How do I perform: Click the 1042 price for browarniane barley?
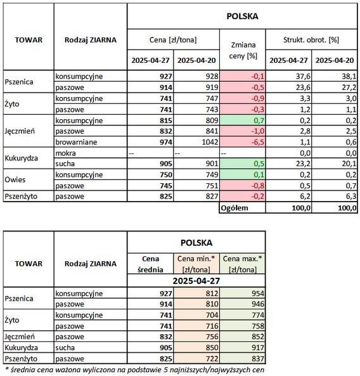pos(210,142)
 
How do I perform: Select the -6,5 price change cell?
pos(242,142)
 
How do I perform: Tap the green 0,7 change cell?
pos(242,120)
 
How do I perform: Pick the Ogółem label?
pos(234,208)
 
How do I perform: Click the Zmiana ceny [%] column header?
pos(243,50)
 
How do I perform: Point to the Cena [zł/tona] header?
pos(173,40)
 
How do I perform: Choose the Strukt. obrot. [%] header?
pos(311,40)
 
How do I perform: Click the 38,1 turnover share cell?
pos(350,76)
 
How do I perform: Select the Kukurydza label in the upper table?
pos(21,159)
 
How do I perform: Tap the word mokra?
pos(65,153)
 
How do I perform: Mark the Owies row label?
pos(15,179)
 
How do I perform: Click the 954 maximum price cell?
pos(258,294)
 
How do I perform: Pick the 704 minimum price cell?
pos(212,315)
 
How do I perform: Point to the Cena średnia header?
pos(150,264)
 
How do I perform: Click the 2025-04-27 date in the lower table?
pos(196,281)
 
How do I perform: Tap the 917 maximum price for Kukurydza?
pos(258,347)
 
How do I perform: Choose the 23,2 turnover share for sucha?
pos(303,164)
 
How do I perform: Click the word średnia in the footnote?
pos(19,370)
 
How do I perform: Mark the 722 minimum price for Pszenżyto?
pos(212,358)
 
